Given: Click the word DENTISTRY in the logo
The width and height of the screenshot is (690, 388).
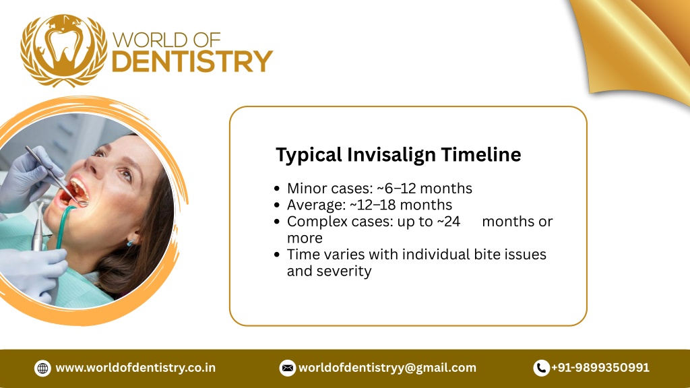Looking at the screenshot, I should [x=191, y=61].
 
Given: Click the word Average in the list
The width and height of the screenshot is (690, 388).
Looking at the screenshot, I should [x=315, y=205].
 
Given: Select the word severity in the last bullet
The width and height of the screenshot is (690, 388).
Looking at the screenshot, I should [x=346, y=271].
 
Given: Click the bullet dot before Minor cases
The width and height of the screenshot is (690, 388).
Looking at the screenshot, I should [x=278, y=189].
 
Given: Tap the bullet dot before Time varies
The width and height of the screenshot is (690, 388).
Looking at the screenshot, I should [x=278, y=255].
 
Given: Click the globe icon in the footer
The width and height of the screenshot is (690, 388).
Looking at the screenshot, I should [x=43, y=368].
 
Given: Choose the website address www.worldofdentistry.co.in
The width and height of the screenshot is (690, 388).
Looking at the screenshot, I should [x=135, y=368].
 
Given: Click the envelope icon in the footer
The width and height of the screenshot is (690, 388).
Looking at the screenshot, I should [x=288, y=368].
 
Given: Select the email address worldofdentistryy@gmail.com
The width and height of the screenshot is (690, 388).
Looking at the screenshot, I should [x=387, y=368].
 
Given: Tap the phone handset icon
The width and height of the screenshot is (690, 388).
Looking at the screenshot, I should [x=541, y=368].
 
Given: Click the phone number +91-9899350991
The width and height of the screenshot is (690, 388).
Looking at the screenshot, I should [x=600, y=368].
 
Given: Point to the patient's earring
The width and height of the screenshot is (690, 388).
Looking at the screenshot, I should [x=129, y=241].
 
